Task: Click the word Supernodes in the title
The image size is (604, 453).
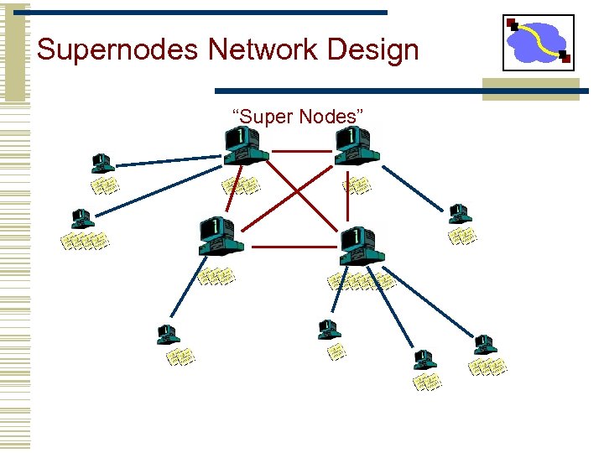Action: point(118,50)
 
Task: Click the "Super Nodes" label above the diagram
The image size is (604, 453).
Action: point(298,117)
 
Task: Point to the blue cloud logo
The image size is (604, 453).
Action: point(538,41)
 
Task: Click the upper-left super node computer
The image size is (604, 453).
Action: point(245,147)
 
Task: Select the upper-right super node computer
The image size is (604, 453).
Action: point(357,147)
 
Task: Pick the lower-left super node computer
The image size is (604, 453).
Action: point(220,236)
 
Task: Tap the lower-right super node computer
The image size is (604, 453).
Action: point(361,246)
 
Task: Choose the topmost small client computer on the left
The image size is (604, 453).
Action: point(102,163)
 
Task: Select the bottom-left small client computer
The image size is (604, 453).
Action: point(168,335)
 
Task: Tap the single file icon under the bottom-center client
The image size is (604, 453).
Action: point(336,351)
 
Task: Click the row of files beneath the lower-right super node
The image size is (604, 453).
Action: point(362,281)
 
